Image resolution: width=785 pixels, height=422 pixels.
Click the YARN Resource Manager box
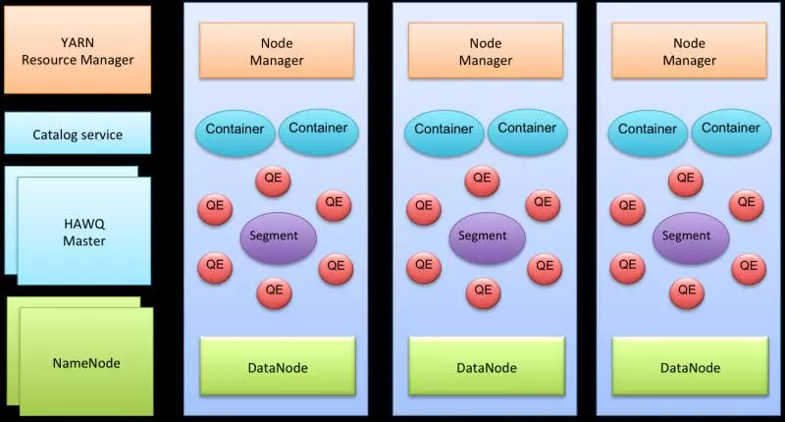click(78, 50)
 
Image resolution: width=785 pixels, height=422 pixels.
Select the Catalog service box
click(78, 133)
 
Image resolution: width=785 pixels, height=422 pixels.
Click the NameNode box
click(85, 362)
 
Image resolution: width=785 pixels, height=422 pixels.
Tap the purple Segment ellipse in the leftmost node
click(278, 236)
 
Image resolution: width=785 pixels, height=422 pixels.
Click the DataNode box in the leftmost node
click(278, 367)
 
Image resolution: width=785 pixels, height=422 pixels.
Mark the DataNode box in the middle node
click(486, 367)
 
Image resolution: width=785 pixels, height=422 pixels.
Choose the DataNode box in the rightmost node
click(690, 367)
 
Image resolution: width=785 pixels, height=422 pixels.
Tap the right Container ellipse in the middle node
click(527, 129)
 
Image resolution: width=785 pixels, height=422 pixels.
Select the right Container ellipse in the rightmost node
click(731, 129)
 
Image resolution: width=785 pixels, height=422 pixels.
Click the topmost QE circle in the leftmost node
click(273, 180)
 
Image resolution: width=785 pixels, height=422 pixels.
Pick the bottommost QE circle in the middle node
click(481, 291)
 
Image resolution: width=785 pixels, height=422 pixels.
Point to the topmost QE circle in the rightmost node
click(685, 180)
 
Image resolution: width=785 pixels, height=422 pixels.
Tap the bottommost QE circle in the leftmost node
click(273, 291)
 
